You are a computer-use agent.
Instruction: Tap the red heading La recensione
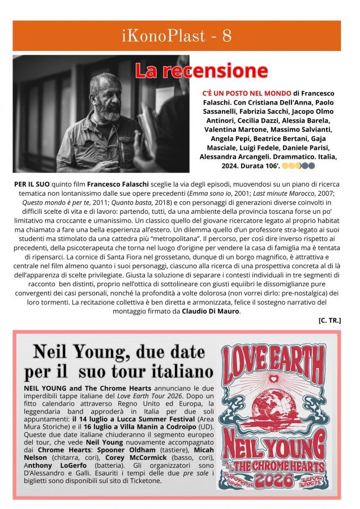[201, 71]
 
